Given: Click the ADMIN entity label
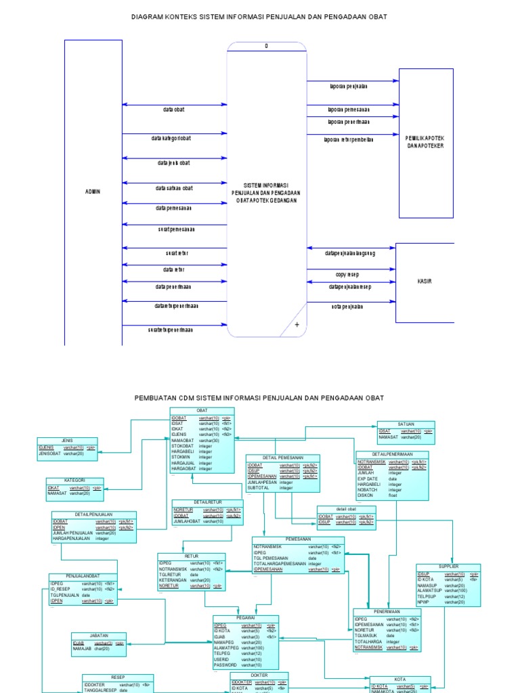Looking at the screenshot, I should [x=93, y=192].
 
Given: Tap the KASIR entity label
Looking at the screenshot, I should [x=425, y=282].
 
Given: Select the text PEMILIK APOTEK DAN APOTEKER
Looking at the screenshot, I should [x=425, y=141].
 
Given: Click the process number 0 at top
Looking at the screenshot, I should [x=266, y=46].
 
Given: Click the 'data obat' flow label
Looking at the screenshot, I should [x=173, y=109].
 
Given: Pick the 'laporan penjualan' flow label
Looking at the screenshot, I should [x=349, y=86].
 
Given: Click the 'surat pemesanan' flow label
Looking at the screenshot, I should [x=175, y=229].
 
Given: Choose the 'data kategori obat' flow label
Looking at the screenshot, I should [x=171, y=138].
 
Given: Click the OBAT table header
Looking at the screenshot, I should [x=202, y=411].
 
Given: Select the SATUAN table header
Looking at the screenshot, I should [x=406, y=424].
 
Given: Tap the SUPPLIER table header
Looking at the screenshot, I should [x=448, y=566].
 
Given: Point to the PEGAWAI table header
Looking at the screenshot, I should [x=245, y=618].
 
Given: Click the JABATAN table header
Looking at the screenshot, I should [x=99, y=635].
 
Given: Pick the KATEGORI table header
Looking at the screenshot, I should [x=74, y=480].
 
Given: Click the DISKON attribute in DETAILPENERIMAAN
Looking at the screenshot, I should [x=366, y=495].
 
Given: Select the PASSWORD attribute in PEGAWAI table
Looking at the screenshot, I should [x=225, y=665].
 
